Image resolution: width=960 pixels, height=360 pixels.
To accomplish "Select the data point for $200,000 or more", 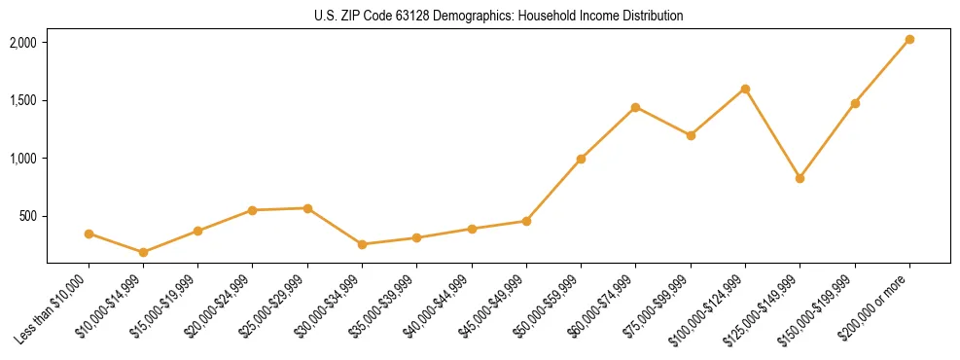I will [909, 40].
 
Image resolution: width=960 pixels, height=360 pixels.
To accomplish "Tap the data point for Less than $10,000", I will [89, 234].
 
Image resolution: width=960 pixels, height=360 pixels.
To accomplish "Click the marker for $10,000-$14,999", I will [143, 252].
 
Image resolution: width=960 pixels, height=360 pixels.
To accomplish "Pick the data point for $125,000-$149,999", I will [800, 178].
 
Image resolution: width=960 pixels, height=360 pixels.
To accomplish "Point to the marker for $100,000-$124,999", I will [745, 89].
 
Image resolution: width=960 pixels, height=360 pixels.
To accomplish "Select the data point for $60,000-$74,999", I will [635, 107].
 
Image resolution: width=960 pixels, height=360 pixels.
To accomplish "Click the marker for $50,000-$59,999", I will [581, 159].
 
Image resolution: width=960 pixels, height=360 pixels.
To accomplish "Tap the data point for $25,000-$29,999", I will [307, 208].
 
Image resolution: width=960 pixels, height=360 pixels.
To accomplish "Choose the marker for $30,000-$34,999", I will [362, 244].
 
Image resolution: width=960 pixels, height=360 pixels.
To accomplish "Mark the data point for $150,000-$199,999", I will [855, 103].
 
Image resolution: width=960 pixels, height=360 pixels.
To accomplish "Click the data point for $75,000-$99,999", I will [691, 135].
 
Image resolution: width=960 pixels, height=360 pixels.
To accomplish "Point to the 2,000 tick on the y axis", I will [22, 43].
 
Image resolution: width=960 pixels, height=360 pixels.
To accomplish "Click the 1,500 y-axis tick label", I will [22, 100].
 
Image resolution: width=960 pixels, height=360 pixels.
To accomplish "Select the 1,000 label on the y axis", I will [22, 159].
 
